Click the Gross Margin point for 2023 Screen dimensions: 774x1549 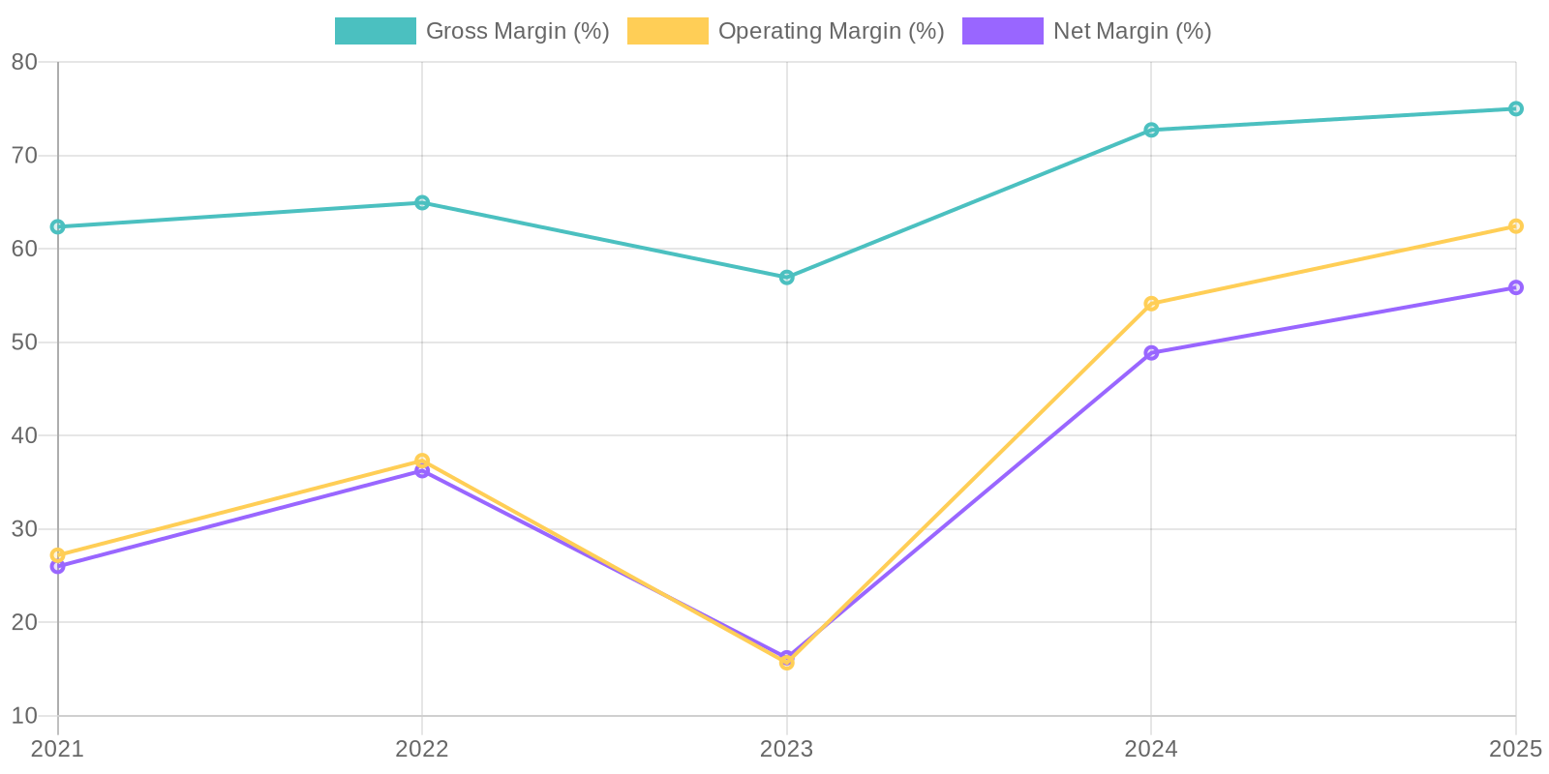787,278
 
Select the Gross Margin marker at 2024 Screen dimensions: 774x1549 1151,130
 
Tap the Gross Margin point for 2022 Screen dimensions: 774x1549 422,202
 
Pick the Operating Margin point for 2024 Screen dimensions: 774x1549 1151,304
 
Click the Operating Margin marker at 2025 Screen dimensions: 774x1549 1516,226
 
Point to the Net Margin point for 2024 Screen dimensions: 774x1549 1151,353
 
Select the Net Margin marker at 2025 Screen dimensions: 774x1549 1516,287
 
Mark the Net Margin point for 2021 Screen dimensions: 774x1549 58,567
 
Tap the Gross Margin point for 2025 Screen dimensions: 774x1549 1516,108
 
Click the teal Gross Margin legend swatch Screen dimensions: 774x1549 375,31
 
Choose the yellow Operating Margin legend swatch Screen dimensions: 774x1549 667,31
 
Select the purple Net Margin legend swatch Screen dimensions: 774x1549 1002,31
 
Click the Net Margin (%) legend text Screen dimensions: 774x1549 1132,31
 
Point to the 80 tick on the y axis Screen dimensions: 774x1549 24,62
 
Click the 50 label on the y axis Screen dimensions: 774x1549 24,342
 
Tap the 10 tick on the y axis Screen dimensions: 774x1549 24,716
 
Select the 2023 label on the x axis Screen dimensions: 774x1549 787,749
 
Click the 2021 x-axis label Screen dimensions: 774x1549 58,749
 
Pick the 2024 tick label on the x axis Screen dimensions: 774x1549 1151,749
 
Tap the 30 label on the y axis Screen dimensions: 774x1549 24,529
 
